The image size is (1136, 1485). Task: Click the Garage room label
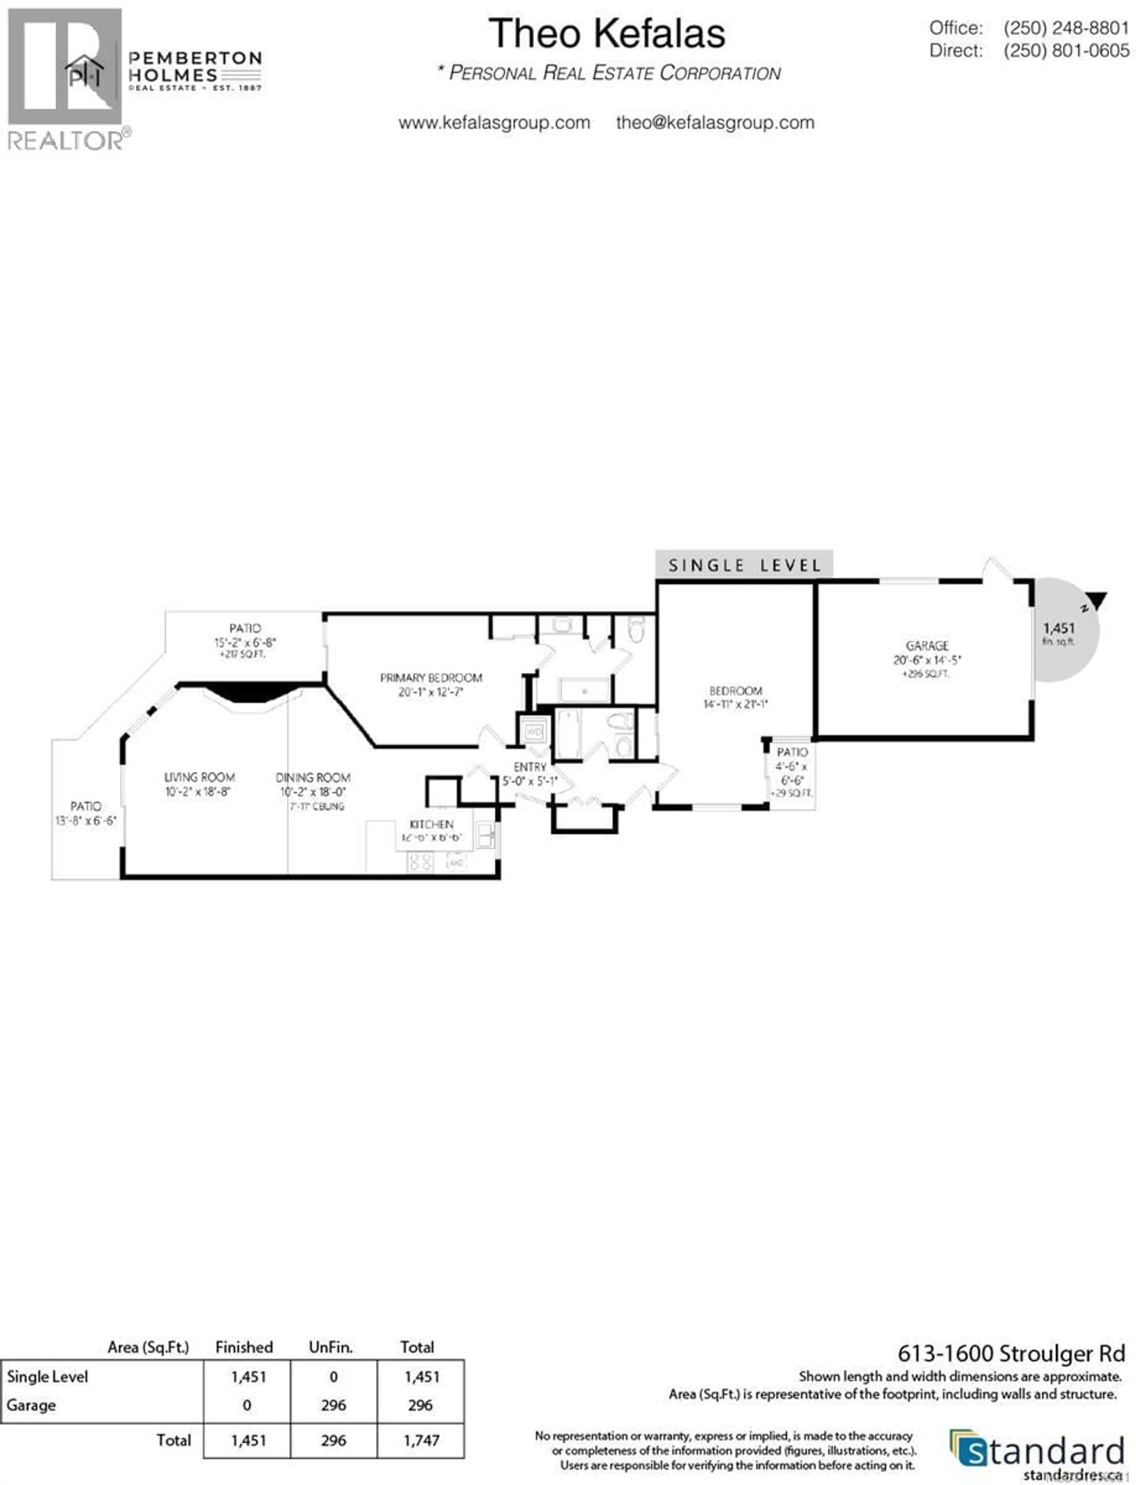[x=927, y=646]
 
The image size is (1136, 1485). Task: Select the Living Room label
[x=199, y=778]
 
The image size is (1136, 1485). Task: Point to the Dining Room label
[x=313, y=778]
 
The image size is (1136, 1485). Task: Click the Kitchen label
[x=431, y=824]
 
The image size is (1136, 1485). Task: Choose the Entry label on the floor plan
[x=530, y=767]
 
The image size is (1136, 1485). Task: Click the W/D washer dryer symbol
[x=534, y=732]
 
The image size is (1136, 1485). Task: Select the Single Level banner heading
[x=744, y=565]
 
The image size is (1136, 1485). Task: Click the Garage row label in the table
[x=31, y=1405]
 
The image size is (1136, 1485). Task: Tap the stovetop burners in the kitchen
[x=421, y=861]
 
